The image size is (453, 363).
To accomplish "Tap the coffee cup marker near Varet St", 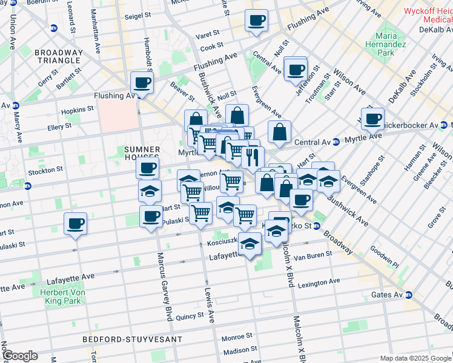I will [x=256, y=21].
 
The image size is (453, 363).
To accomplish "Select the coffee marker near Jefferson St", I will [x=296, y=70].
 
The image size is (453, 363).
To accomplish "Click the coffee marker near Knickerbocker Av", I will [x=372, y=119].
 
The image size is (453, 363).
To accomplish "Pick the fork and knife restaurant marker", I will [x=253, y=158].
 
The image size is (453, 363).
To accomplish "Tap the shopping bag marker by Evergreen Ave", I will [x=279, y=132].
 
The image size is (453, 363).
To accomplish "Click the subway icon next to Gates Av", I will [x=408, y=295].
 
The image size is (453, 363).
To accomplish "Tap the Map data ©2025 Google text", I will [x=415, y=358].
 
